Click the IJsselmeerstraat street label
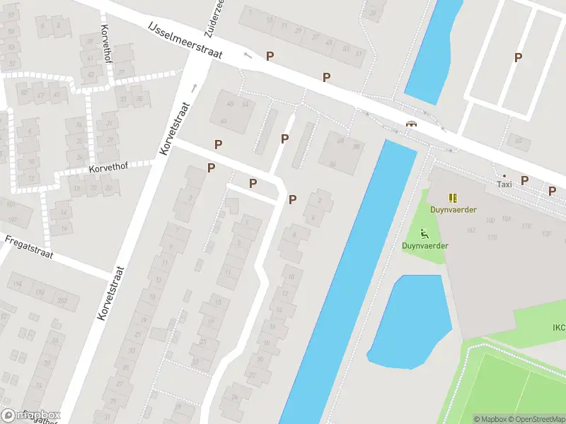[x=185, y=40]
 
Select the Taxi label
[x=504, y=184]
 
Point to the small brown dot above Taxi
[x=504, y=175]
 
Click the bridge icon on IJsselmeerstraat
[x=410, y=124]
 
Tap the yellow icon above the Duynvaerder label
[x=453, y=198]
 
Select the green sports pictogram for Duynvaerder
[x=424, y=234]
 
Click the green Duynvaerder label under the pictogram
[x=425, y=246]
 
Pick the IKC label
[x=558, y=327]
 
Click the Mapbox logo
[x=31, y=416]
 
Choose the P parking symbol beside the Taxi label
[x=524, y=180]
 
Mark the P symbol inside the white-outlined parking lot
[x=518, y=58]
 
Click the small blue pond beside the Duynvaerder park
[x=408, y=322]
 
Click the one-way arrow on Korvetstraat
[x=193, y=88]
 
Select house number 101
[x=11, y=204]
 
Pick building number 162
[x=471, y=230]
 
